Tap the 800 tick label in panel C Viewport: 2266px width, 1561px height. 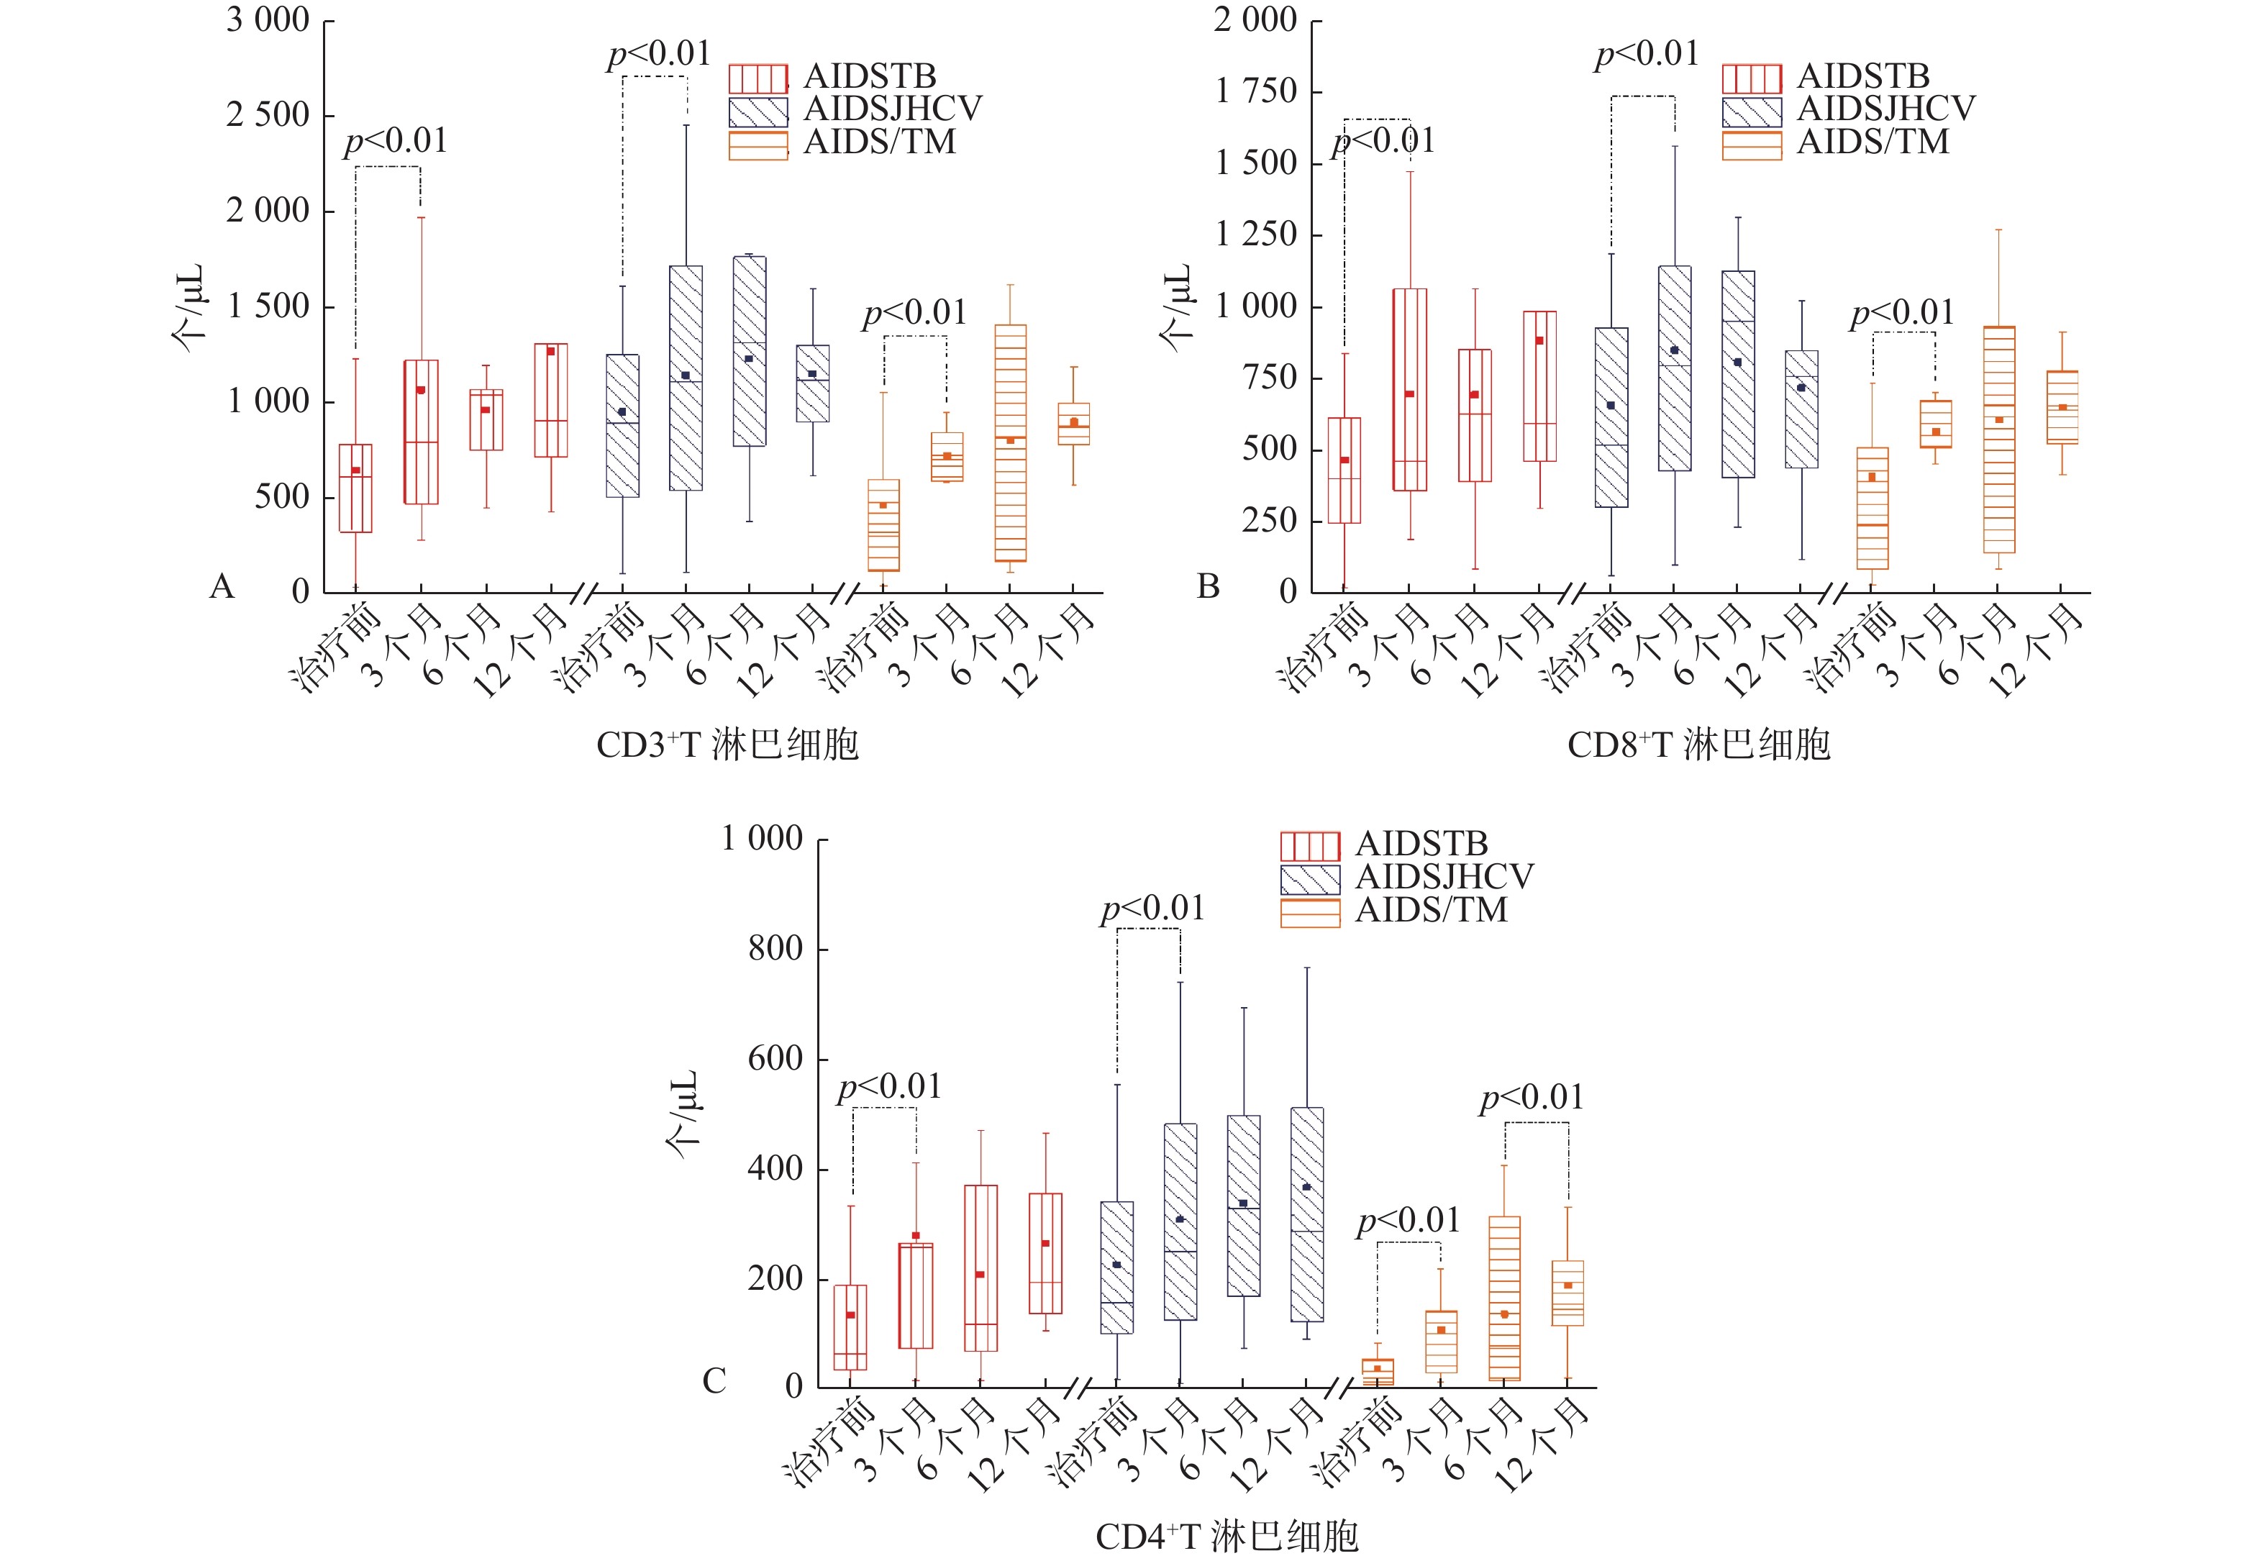point(775,949)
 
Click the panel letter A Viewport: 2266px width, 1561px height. point(222,587)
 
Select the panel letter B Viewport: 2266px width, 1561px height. point(1209,587)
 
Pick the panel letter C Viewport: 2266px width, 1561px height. point(715,1381)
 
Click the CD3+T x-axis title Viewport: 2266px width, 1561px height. point(727,745)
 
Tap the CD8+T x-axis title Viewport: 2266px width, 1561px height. point(1698,745)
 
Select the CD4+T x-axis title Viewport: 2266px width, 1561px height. point(1227,1537)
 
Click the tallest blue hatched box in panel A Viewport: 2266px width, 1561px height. point(686,378)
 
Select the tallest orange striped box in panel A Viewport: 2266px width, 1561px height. point(1010,443)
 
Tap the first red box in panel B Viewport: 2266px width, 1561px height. point(1344,470)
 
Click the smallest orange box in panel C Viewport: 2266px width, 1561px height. point(1378,1371)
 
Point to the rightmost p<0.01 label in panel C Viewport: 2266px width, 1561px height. point(1532,1098)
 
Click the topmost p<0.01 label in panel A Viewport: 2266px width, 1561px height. point(659,55)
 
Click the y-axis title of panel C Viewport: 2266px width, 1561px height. point(683,1114)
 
